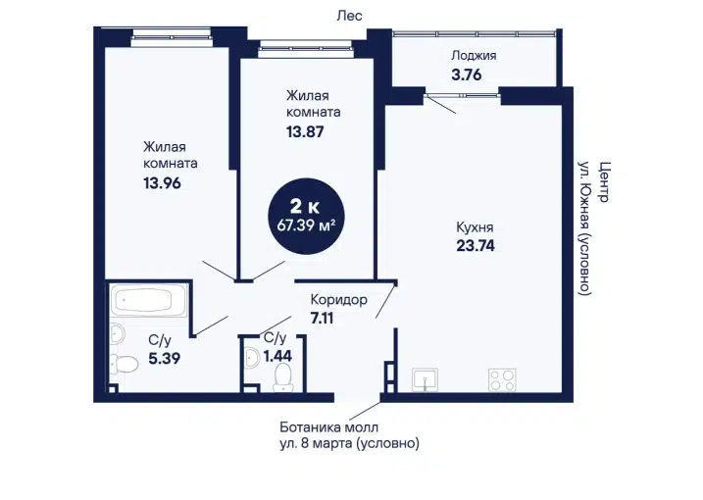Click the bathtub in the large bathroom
[149, 300]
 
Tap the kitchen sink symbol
[425, 380]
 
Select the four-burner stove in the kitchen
[502, 379]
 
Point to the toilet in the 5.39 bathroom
[124, 364]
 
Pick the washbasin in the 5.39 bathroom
[117, 334]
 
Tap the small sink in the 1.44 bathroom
[252, 358]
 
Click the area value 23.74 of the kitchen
[476, 246]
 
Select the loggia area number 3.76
[467, 75]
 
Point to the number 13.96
[162, 183]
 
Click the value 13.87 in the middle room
[305, 131]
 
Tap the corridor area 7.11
[322, 318]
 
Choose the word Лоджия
[474, 56]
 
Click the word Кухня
[475, 227]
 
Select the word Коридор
[339, 299]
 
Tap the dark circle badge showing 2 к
[306, 216]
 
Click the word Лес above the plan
[349, 16]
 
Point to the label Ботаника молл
[329, 426]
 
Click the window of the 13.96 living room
[172, 37]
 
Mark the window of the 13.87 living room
[305, 48]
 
